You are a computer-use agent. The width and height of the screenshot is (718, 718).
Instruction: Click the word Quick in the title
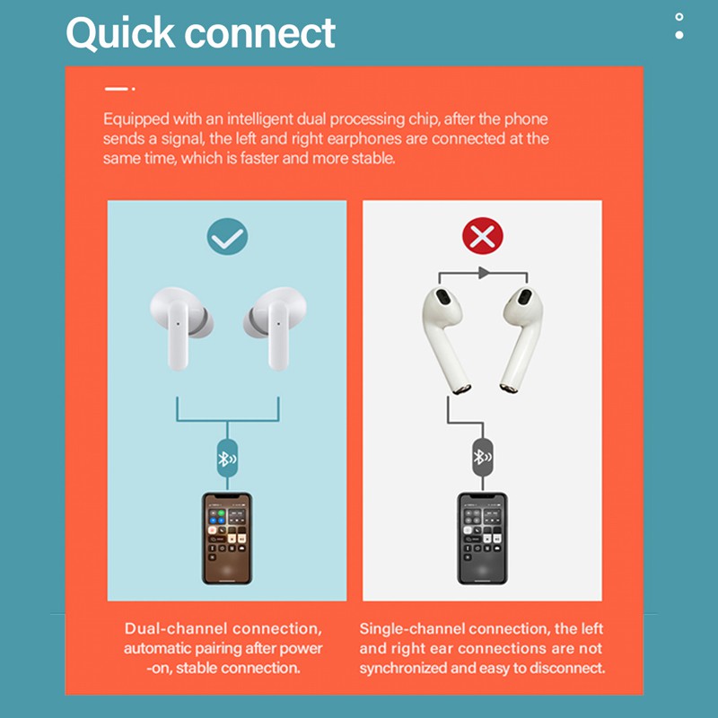120,33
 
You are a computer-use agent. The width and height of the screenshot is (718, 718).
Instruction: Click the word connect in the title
259,34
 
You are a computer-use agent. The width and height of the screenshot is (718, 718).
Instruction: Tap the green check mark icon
227,236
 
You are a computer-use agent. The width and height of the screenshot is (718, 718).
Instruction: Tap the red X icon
483,236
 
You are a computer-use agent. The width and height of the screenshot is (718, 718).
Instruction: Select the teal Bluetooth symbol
227,459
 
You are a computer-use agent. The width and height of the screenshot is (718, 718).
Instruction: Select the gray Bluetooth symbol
482,457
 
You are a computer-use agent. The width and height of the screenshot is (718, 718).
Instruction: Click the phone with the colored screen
227,538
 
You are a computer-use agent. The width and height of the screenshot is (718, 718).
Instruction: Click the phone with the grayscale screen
482,538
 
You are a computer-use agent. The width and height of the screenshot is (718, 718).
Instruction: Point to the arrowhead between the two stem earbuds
484,273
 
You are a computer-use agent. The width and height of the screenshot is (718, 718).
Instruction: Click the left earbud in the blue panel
181,326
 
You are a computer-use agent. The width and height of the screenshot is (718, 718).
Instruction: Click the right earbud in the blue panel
276,326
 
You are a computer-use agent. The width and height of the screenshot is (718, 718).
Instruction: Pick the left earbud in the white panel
444,339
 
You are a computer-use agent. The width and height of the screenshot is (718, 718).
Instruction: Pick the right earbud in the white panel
521,339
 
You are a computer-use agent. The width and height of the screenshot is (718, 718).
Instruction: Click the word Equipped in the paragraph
136,119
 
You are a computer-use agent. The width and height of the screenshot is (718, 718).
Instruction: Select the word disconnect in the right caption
567,668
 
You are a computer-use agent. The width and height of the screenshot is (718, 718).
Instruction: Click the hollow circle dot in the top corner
679,17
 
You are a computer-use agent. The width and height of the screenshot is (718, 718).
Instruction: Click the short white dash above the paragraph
117,89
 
